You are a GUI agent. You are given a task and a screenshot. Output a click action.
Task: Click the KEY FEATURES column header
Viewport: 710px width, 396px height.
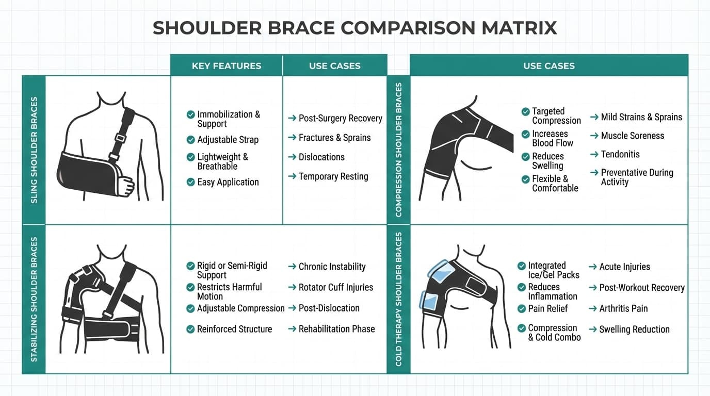click(226, 66)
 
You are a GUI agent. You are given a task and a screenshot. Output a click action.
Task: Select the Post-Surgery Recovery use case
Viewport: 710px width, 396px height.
click(340, 118)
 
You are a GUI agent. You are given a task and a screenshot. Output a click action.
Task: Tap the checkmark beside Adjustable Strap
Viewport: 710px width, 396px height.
click(190, 140)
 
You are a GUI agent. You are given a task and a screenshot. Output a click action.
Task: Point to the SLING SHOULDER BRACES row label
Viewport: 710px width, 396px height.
click(34, 150)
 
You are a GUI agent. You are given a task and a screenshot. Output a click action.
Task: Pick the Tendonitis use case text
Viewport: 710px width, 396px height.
click(620, 154)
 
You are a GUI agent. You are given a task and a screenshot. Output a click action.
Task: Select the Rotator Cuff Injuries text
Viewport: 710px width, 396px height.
click(335, 287)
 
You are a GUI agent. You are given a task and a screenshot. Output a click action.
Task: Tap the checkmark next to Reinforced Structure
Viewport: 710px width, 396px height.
click(190, 329)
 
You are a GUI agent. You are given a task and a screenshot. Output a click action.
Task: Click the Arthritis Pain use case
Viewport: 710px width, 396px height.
click(623, 308)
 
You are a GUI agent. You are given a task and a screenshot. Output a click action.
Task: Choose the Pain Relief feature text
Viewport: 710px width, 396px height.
click(547, 308)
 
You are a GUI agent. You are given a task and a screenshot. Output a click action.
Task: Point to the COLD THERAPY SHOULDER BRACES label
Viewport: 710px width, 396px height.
click(398, 299)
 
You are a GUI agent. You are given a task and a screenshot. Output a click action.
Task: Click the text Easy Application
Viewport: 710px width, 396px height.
click(228, 182)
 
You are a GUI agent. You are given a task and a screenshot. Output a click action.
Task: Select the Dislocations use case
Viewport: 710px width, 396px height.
click(321, 157)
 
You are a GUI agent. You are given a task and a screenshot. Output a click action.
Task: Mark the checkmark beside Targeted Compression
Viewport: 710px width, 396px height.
click(525, 111)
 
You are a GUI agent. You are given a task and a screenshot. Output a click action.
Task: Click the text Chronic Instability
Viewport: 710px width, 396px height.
click(332, 267)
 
